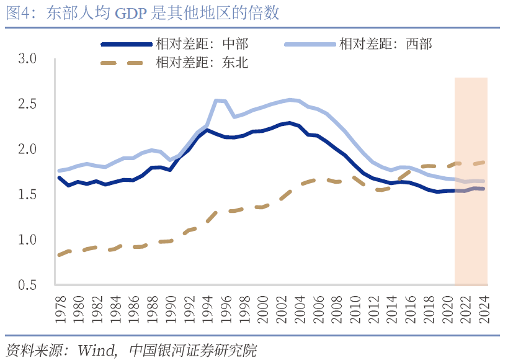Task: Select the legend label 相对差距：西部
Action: [x=385, y=44]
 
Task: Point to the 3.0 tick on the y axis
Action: [x=28, y=58]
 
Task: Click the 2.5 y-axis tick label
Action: [x=28, y=104]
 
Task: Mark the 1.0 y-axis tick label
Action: [x=28, y=240]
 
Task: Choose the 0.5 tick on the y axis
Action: [x=28, y=285]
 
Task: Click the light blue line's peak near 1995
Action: [x=216, y=100]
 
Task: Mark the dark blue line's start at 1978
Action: [x=59, y=178]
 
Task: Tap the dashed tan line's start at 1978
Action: [x=59, y=254]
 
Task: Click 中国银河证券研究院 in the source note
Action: [x=192, y=349]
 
